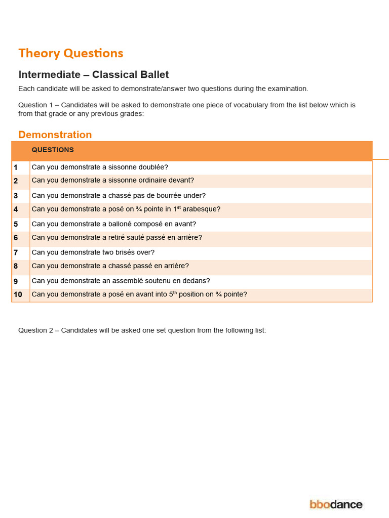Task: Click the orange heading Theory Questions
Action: click(x=70, y=53)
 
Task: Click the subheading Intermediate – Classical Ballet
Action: click(x=93, y=75)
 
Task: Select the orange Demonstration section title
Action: click(x=55, y=135)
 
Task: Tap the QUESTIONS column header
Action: click(x=53, y=150)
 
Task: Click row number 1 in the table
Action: click(x=16, y=167)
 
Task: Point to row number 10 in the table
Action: click(x=17, y=294)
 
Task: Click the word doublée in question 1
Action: click(x=153, y=167)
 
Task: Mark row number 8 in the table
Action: click(x=16, y=266)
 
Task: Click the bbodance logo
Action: click(x=336, y=504)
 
